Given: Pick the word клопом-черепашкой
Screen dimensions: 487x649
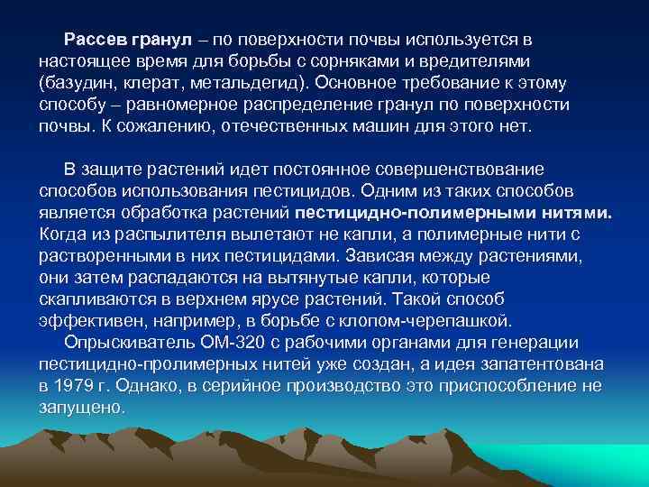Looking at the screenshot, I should pos(439,321).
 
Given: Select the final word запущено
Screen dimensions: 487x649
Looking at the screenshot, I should pos(81,408).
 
